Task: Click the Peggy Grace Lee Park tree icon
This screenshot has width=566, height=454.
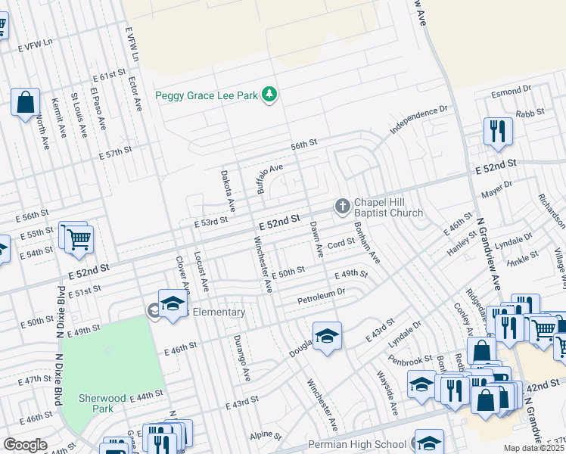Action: [x=268, y=95]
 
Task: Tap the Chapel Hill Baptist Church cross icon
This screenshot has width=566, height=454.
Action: [x=342, y=206]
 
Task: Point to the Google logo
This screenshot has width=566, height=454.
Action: [x=25, y=445]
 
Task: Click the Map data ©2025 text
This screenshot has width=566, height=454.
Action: [x=534, y=448]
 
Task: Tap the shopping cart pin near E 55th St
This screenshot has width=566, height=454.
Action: [x=79, y=240]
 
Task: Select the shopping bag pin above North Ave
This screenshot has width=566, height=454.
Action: [x=25, y=101]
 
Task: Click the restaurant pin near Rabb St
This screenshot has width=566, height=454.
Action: [x=498, y=130]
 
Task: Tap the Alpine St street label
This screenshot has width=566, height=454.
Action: [x=266, y=437]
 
